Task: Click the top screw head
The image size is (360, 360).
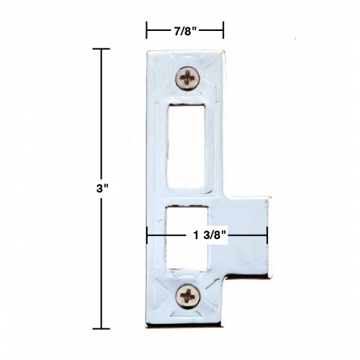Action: (x=187, y=77)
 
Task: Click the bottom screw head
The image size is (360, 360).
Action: (x=187, y=294)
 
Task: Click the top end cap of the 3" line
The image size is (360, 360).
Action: (x=101, y=49)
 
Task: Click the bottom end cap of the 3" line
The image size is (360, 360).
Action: (x=101, y=328)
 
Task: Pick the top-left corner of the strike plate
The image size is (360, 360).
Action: (x=149, y=52)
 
